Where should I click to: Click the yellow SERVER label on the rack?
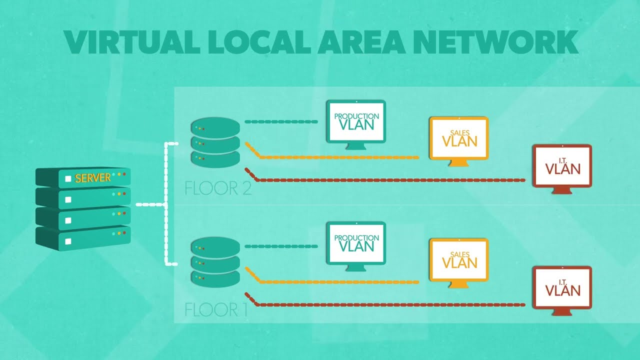tap(92, 178)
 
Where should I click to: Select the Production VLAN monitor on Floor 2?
tap(356, 121)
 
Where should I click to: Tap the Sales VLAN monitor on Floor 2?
tap(459, 138)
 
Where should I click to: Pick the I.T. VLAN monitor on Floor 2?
tap(562, 165)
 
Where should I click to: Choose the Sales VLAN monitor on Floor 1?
tap(459, 259)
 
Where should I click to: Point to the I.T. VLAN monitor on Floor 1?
tap(562, 287)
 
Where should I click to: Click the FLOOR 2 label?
tap(218, 188)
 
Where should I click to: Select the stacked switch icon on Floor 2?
tap(215, 142)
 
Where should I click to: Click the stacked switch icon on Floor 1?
tap(215, 262)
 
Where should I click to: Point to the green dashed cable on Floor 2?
tap(281, 121)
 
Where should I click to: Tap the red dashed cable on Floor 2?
tap(390, 180)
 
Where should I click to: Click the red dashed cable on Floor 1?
tap(390, 304)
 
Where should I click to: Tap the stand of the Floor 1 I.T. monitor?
tap(562, 311)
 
